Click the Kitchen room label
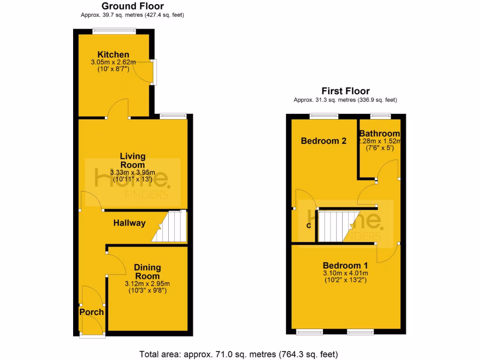coord(113,55)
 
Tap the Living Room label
coord(133,160)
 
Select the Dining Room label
coord(147,272)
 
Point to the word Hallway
coord(129,224)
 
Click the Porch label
coord(91,312)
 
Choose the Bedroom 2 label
coord(323,141)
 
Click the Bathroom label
coord(380,134)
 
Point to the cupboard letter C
coord(308,226)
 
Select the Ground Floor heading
coord(133,6)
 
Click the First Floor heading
coord(345,91)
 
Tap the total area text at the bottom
coord(239,353)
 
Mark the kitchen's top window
coord(114,31)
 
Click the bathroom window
coord(381,115)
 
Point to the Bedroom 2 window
coord(323,115)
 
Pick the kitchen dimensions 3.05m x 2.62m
coord(113,62)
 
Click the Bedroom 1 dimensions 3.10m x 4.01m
coord(345,273)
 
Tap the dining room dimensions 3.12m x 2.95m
coord(147,284)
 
